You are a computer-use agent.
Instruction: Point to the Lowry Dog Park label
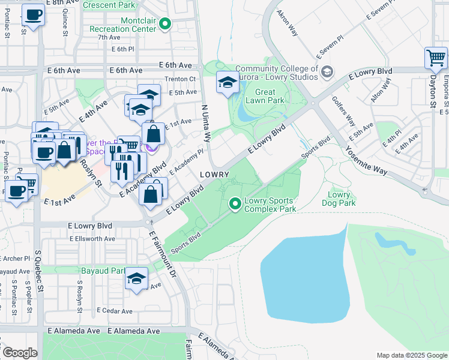click(x=339, y=199)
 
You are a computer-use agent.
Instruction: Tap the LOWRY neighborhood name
click(x=214, y=174)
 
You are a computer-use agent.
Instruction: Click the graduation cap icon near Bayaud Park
click(x=137, y=279)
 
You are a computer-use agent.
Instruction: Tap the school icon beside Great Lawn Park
click(x=228, y=83)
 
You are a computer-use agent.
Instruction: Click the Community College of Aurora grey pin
click(x=327, y=73)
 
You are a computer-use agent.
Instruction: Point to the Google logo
click(x=20, y=353)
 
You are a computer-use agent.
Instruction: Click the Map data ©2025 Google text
click(x=411, y=355)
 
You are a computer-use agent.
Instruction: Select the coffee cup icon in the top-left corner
click(x=33, y=15)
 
